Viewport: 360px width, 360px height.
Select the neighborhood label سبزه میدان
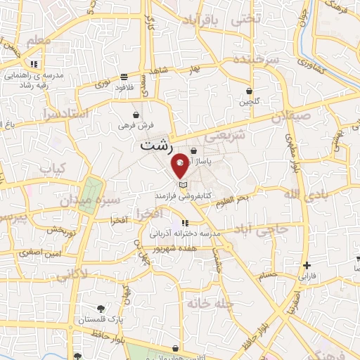point(100,200)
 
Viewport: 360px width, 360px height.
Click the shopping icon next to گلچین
point(250,91)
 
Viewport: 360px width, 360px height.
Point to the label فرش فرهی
point(136,125)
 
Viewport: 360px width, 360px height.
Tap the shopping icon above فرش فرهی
point(136,114)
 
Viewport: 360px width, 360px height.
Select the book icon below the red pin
point(184,184)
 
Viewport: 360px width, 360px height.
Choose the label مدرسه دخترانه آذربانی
point(186,233)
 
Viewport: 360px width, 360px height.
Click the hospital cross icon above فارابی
point(307,266)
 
